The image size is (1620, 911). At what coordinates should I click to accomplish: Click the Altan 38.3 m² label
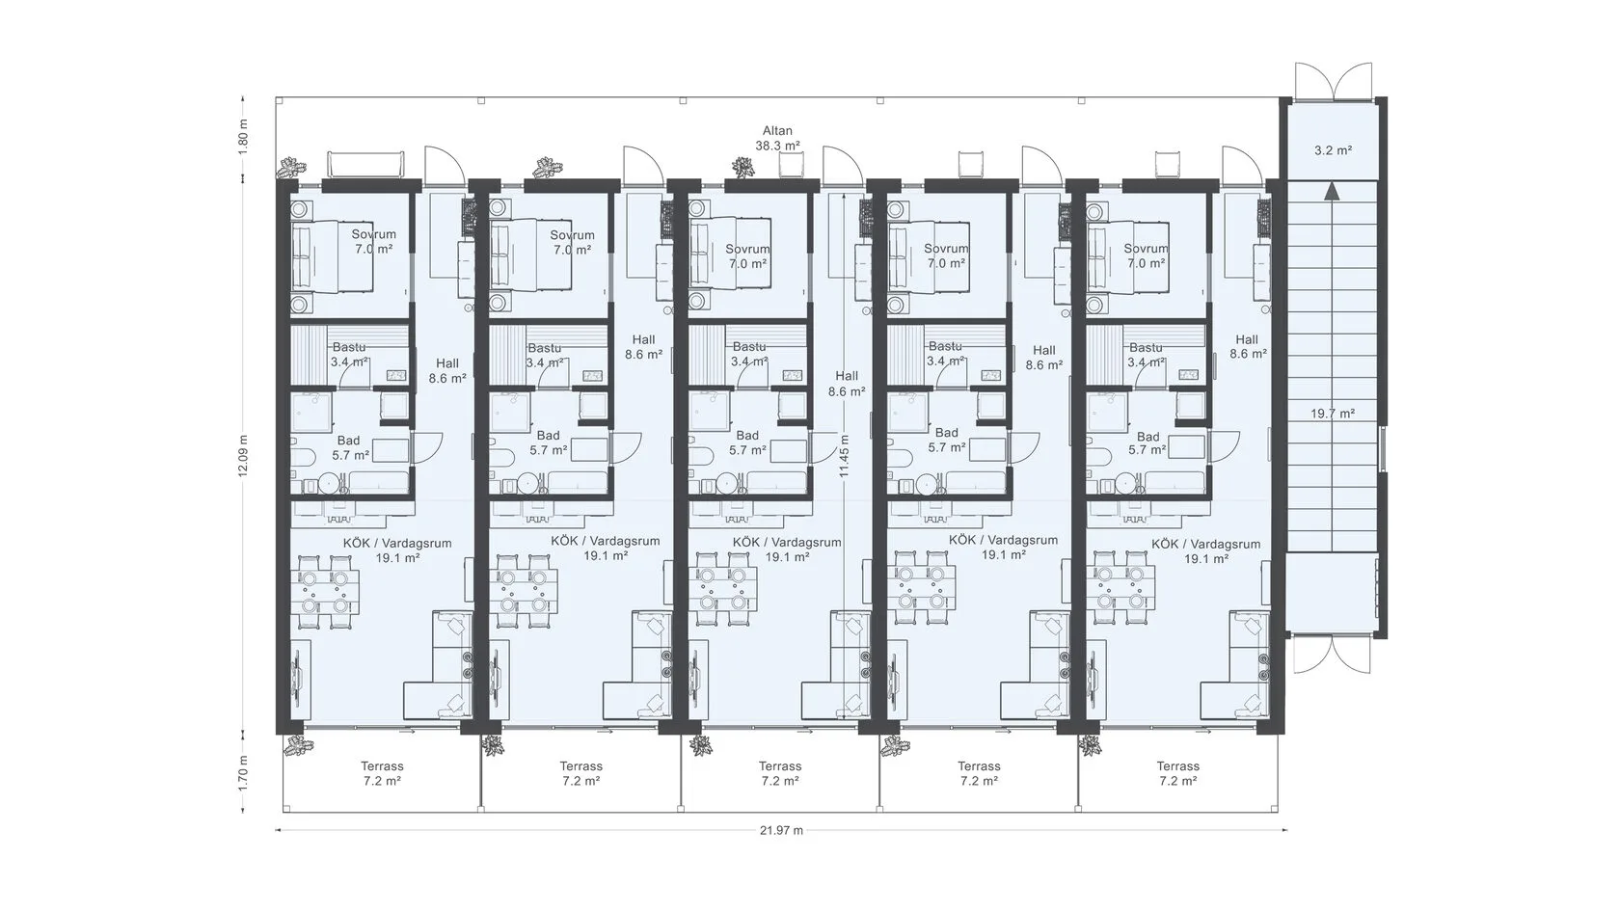pos(777,138)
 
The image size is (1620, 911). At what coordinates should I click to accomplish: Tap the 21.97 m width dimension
pos(781,830)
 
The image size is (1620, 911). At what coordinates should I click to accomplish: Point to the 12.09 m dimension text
pos(243,455)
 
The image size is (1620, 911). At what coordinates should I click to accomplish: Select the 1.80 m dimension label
pos(243,134)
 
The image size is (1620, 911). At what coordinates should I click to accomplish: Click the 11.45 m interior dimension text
pos(844,457)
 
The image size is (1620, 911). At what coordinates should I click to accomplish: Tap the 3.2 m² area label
pos(1333,150)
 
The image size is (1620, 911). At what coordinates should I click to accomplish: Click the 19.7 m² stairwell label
pos(1333,414)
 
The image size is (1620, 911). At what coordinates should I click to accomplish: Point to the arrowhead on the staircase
pos(1333,191)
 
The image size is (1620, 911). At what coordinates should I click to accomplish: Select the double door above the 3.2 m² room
pos(1333,81)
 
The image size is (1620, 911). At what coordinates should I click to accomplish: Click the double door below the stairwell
pos(1332,656)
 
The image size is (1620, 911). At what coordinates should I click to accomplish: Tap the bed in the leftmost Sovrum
pos(332,257)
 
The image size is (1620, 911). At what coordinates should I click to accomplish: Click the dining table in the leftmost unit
pos(326,592)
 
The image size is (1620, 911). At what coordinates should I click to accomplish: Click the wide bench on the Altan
pos(365,164)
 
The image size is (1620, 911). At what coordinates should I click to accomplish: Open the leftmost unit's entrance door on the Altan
pos(444,165)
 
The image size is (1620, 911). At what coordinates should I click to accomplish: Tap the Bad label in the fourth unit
pos(946,433)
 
